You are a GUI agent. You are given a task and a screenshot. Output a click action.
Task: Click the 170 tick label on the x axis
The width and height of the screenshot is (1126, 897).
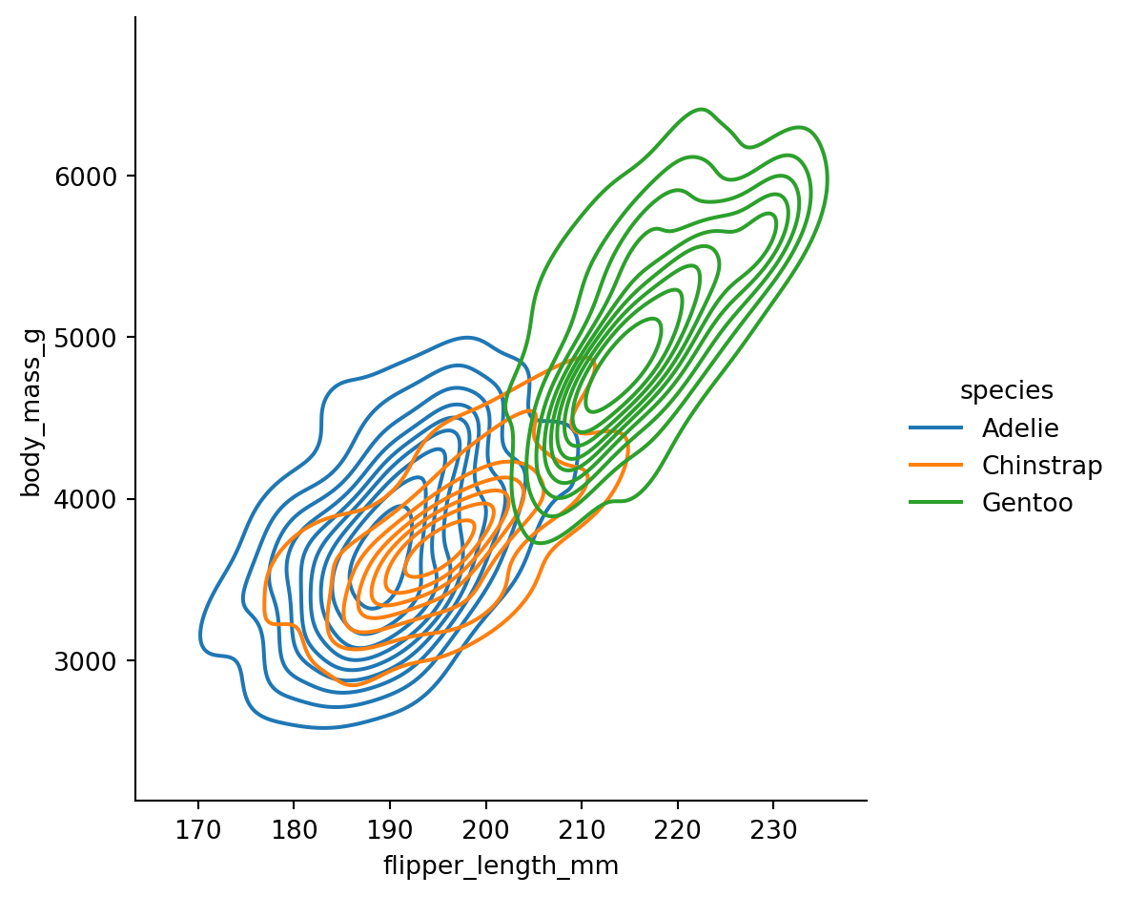click(198, 830)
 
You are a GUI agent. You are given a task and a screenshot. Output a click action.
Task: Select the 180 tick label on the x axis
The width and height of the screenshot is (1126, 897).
click(294, 830)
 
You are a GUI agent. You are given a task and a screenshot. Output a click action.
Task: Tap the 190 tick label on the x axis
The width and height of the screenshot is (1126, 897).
click(390, 830)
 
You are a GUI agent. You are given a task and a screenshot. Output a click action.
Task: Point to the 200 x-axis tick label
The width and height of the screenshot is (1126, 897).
click(485, 830)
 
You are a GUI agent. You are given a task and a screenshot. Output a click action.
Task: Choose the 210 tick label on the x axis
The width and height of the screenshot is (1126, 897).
click(582, 830)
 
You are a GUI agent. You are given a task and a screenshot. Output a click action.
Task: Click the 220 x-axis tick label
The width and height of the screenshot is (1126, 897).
click(677, 830)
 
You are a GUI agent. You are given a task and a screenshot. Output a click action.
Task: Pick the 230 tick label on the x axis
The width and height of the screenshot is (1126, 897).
click(773, 830)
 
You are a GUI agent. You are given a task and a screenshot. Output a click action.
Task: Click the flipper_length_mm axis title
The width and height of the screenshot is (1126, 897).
click(501, 866)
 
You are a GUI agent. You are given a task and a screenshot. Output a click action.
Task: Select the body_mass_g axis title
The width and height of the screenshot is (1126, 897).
click(31, 408)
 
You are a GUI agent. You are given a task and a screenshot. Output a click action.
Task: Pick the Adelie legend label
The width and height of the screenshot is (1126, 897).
click(1020, 428)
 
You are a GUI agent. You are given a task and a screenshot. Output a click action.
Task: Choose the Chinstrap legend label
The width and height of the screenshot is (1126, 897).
click(1042, 466)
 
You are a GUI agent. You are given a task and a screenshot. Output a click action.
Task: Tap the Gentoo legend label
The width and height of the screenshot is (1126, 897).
click(1028, 503)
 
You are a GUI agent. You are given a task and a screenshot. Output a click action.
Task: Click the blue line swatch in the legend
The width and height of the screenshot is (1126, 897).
click(936, 428)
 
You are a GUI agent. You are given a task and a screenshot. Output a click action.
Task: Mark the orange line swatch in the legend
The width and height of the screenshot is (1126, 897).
click(936, 466)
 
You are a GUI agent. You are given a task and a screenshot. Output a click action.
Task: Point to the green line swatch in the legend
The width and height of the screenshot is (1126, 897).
click(936, 503)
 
